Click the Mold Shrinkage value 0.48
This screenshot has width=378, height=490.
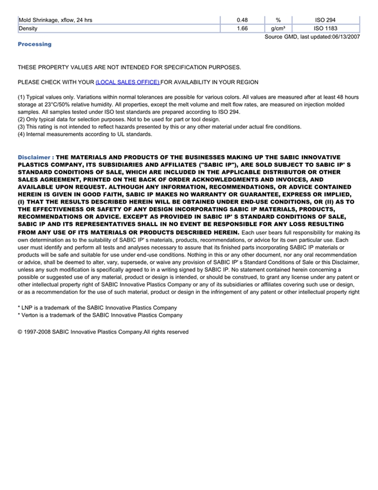point(242,20)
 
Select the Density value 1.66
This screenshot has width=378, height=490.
point(242,28)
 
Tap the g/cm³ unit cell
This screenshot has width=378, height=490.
point(278,28)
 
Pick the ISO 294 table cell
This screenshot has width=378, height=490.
point(325,20)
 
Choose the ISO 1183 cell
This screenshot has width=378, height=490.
point(325,28)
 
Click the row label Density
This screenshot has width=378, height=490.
point(28,28)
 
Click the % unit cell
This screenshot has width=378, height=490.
point(278,20)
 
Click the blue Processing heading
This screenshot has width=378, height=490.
point(35,44)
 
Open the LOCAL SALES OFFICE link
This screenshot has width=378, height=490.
point(127,82)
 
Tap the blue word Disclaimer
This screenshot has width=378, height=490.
point(34,157)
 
